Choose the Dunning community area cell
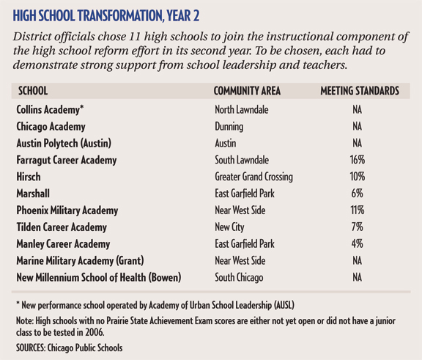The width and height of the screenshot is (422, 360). [x=231, y=126]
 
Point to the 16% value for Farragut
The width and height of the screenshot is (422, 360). [x=358, y=160]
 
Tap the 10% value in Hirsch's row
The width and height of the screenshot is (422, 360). [x=358, y=177]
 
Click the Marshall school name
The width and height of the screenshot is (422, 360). [x=34, y=194]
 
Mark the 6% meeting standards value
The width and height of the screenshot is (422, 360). [x=358, y=194]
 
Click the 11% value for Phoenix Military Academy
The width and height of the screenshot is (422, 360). [x=358, y=210]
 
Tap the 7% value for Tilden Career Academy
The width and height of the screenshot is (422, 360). [x=358, y=227]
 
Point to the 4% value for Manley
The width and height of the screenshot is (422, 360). [x=358, y=244]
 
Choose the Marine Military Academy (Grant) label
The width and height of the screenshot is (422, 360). [x=81, y=261]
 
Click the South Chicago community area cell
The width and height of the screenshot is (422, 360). [x=238, y=278]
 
